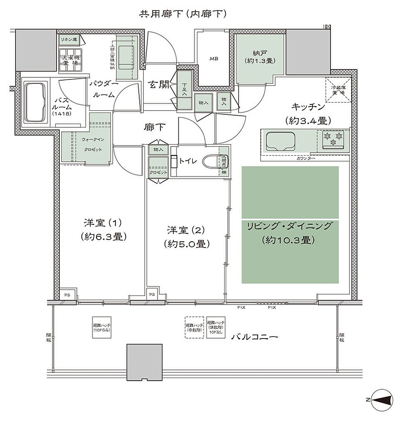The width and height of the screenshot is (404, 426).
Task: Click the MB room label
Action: click(x=214, y=59)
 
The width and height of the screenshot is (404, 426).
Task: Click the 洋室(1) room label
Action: click(x=101, y=229)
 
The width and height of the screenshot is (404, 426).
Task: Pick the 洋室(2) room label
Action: click(x=186, y=236)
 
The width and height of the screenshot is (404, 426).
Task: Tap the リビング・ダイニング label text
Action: click(x=290, y=226)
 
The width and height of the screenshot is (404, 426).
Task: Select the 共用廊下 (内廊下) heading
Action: click(x=182, y=14)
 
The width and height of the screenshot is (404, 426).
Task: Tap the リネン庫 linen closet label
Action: click(x=69, y=40)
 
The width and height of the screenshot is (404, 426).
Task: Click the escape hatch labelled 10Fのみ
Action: click(x=101, y=327)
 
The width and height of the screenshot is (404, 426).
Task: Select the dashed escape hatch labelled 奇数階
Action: click(x=194, y=327)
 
